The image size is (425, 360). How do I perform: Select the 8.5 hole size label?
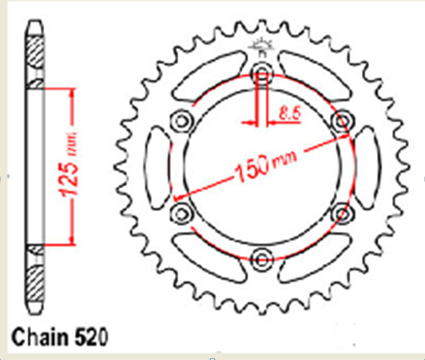290,113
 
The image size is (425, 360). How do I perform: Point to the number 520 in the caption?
91,337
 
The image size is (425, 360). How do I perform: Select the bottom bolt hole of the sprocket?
262,259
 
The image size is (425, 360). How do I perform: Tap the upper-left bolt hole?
182,120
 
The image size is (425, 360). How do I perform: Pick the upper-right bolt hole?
342,120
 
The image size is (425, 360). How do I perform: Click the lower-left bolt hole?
182,214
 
